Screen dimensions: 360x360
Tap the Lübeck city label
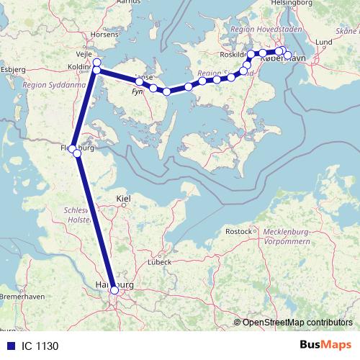(x=160, y=261)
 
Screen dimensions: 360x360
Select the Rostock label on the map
(x=239, y=231)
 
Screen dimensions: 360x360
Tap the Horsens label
(x=105, y=34)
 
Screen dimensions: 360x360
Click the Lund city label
(x=323, y=42)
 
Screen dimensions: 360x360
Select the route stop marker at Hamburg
(x=114, y=291)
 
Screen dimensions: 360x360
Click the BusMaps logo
(x=320, y=346)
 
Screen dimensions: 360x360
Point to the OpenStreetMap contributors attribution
(x=294, y=322)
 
